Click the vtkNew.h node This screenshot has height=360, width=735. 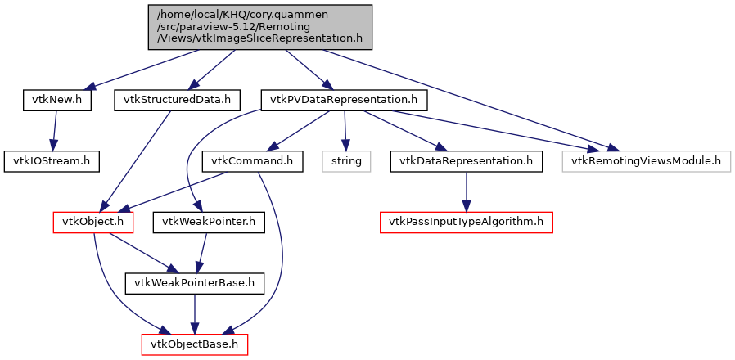[56, 100]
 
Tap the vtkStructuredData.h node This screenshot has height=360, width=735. [177, 100]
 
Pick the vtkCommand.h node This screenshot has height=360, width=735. [253, 160]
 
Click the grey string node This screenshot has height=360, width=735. [346, 160]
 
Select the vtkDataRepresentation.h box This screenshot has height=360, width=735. [467, 160]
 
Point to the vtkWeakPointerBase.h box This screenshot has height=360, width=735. [195, 283]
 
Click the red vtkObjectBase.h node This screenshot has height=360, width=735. [195, 344]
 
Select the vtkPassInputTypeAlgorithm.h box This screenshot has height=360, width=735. [466, 222]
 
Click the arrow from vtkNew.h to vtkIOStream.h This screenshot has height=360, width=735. [54, 130]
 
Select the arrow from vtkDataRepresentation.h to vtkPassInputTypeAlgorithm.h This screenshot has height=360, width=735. [466, 191]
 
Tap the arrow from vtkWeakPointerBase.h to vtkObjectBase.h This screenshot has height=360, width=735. [195, 313]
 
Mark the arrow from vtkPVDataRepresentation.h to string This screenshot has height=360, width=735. [345, 130]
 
